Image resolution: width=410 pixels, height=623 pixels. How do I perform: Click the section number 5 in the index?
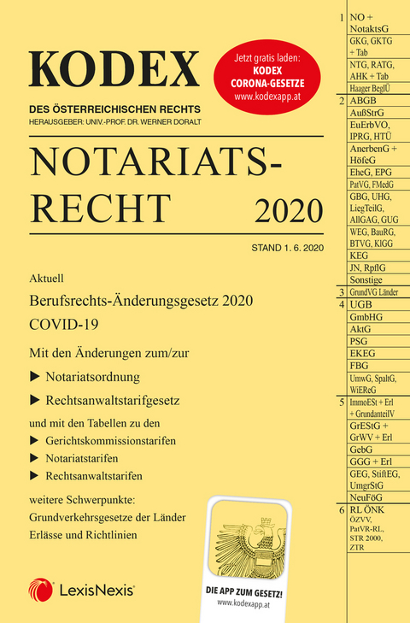341,400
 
